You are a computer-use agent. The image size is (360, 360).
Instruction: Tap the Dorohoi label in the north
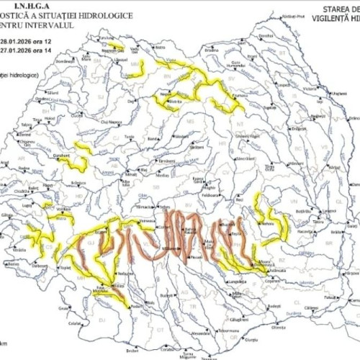(265, 35)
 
